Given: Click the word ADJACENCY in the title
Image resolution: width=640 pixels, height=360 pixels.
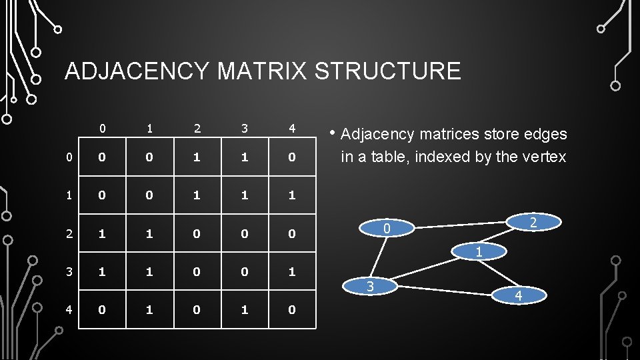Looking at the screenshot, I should click(137, 71).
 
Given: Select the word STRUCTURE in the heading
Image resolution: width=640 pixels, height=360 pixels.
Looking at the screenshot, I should click(387, 71).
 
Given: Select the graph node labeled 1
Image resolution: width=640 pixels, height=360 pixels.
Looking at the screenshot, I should click(478, 251).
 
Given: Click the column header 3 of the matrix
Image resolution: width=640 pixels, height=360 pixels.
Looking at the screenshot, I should click(245, 128).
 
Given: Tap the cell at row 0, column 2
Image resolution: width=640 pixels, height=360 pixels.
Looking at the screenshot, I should click(197, 157).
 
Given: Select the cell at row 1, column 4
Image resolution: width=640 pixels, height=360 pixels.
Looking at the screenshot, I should click(292, 195).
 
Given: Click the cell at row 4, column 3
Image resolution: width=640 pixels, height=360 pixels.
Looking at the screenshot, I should click(245, 309).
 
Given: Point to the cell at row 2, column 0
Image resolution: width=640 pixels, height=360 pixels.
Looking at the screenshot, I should click(102, 233).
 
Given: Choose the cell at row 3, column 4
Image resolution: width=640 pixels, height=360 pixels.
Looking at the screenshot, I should click(292, 271).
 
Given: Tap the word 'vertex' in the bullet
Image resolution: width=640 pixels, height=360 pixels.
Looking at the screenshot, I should click(544, 157).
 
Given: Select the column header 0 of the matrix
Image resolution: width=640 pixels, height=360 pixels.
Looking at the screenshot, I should click(102, 128).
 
